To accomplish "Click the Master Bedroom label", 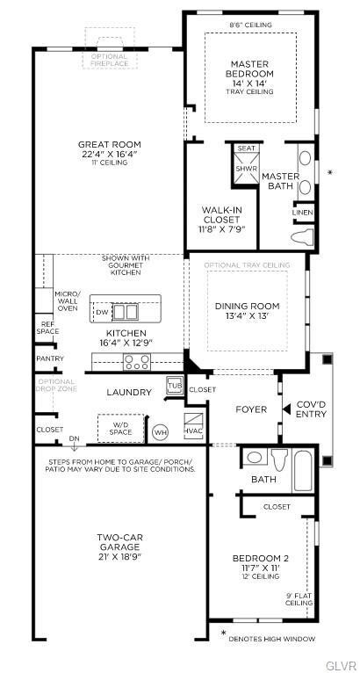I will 250,69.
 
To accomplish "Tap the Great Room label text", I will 109,145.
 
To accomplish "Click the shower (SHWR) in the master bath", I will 246,168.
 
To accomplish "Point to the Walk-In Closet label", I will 222,214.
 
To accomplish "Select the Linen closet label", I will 303,212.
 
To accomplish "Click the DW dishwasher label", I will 103,312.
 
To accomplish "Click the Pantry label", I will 49,358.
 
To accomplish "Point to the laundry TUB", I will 174,386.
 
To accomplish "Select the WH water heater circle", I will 160,431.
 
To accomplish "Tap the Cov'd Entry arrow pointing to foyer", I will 284,409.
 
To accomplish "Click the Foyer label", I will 249,409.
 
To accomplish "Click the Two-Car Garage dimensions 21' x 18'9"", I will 119,556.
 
